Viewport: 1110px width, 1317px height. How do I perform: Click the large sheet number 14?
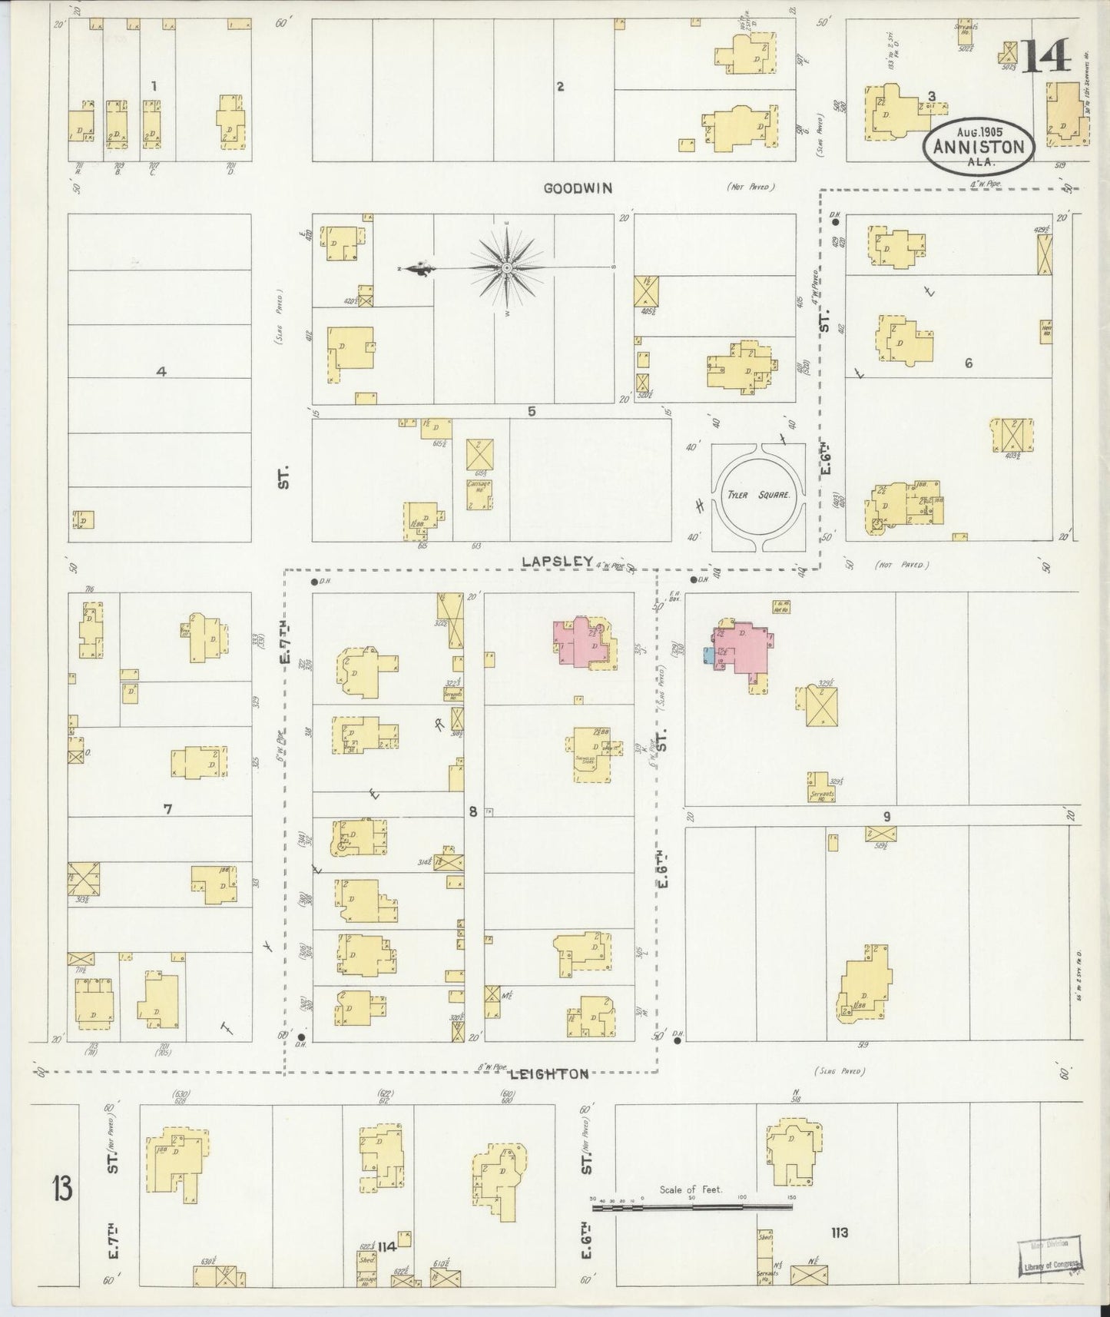[x=1045, y=55]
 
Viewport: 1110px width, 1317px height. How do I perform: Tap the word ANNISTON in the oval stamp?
[x=980, y=148]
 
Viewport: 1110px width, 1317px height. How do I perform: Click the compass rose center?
[x=508, y=267]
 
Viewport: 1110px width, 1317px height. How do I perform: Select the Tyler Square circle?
[x=759, y=496]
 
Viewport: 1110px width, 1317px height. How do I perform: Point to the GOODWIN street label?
[x=578, y=187]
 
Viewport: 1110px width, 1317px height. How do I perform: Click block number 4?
[x=161, y=372]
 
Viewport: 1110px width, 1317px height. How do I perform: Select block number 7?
[x=167, y=808]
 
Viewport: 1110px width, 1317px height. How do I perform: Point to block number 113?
[x=839, y=1233]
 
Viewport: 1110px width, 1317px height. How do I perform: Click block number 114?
[x=386, y=1247]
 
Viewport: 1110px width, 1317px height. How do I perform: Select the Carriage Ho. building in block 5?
[x=480, y=494]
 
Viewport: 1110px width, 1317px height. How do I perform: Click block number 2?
[x=560, y=87]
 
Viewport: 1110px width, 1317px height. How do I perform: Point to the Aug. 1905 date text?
[x=980, y=131]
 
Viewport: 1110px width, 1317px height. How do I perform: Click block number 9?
[x=886, y=817]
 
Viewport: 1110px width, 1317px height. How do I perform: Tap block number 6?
[x=968, y=363]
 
